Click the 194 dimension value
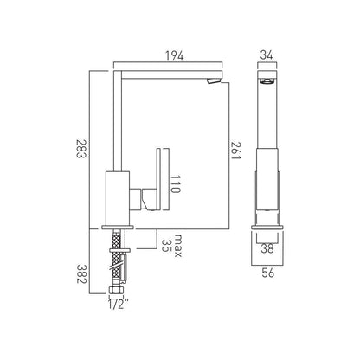tap(174, 55)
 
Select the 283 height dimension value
tap(80, 149)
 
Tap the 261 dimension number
tap(235, 151)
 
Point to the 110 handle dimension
tap(176, 184)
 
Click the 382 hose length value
tap(81, 273)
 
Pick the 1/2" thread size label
tap(118, 305)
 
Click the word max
tap(178, 246)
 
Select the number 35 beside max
tap(165, 246)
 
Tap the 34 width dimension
tap(267, 55)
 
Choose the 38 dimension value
tap(267, 248)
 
